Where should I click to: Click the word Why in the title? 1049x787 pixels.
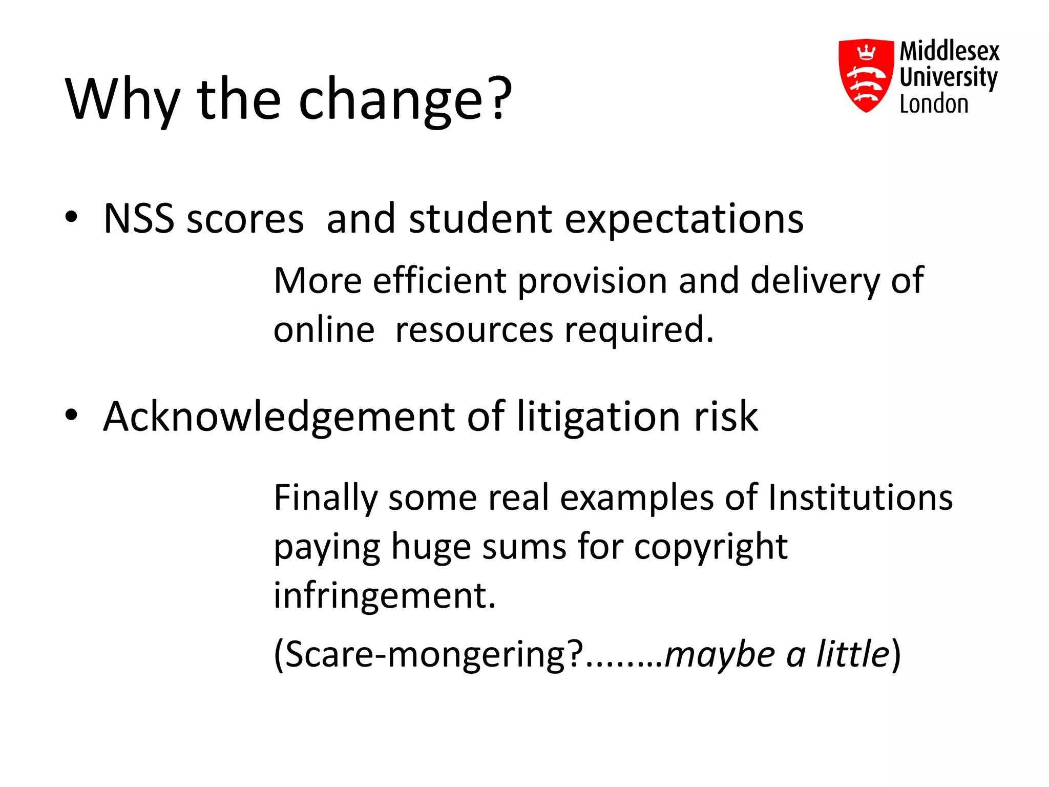pos(123,99)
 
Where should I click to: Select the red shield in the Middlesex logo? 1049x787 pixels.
pos(866,75)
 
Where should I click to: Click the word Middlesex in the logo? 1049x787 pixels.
pos(949,51)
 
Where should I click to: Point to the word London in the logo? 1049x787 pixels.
pos(934,105)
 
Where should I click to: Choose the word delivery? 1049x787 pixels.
pos(814,282)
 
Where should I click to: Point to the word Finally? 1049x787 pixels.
pos(325,499)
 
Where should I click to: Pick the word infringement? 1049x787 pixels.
pos(384,596)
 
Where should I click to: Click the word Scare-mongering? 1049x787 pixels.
pos(428,655)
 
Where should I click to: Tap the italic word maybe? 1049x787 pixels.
pos(720,655)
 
